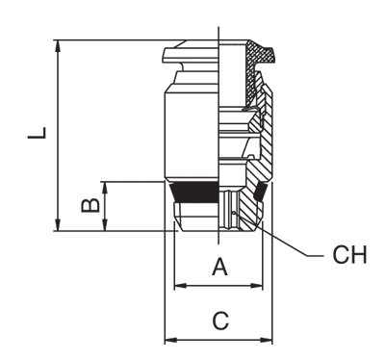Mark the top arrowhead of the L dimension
click(60, 44)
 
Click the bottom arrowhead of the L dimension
click(60, 226)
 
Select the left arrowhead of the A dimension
click(178, 285)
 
